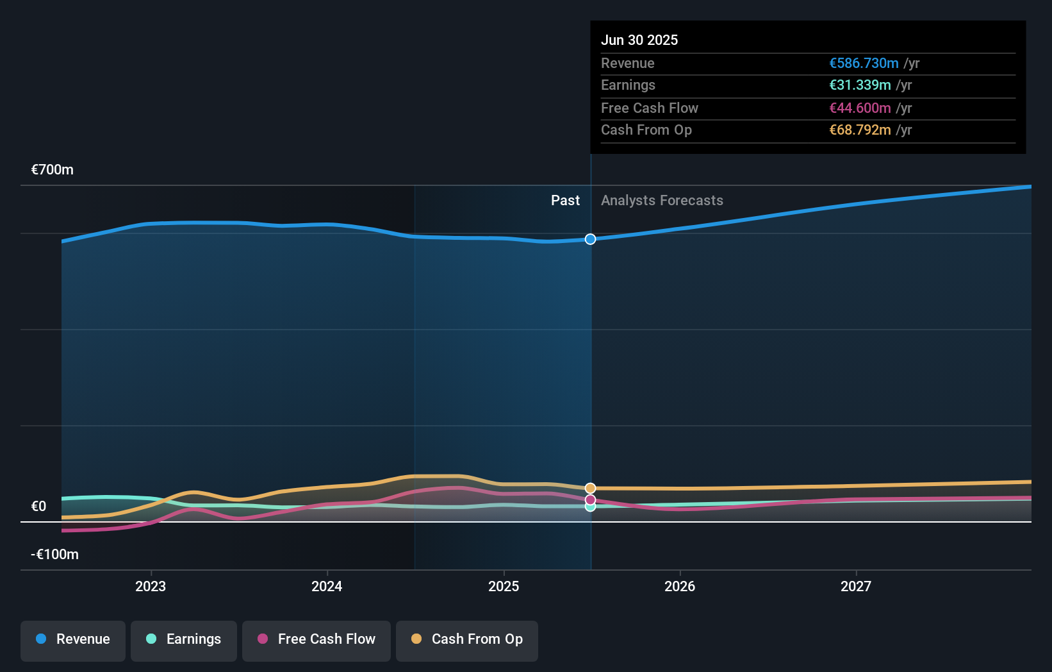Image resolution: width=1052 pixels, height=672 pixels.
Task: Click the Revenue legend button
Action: pos(73,639)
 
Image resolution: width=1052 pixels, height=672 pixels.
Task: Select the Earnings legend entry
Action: pos(184,639)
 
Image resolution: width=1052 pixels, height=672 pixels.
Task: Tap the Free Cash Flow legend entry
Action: pos(316,639)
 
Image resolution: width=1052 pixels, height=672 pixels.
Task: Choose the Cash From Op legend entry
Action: pos(467,639)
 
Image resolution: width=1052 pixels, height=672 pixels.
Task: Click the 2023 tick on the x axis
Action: pos(151,586)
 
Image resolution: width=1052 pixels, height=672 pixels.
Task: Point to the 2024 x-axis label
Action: pos(327,586)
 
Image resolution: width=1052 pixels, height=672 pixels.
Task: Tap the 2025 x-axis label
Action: pos(504,586)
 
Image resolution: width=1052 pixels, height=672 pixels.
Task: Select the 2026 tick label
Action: pos(680,586)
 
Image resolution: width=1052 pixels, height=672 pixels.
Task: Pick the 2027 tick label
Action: pos(856,586)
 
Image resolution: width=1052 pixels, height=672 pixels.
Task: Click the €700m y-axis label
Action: pos(53,170)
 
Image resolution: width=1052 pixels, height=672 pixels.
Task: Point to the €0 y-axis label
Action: pos(39,507)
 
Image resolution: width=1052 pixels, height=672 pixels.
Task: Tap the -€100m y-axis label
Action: pos(54,555)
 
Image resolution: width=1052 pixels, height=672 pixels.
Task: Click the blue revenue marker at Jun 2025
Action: pos(590,239)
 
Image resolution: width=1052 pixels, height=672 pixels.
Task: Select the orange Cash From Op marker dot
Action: pos(590,489)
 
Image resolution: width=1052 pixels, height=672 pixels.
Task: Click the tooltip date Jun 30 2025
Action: pos(639,40)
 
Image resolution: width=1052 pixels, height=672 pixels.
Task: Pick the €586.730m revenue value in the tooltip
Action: pos(864,63)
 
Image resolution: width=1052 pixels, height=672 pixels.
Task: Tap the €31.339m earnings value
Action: pos(860,85)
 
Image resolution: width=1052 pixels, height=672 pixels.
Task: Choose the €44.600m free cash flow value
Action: pos(860,108)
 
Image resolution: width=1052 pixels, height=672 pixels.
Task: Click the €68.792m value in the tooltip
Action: pos(860,130)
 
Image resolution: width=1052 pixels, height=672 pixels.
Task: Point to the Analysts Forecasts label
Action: pos(662,201)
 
